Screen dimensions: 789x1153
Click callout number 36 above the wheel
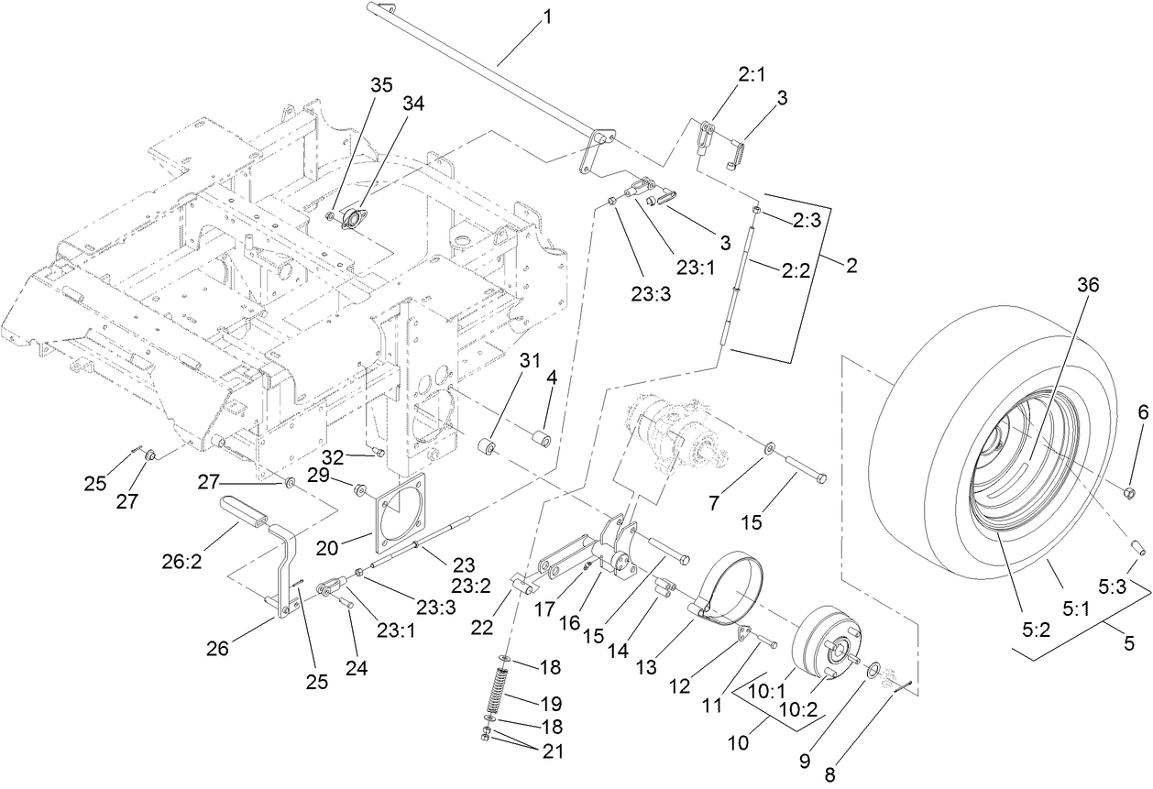(x=1087, y=285)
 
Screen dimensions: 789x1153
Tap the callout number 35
(x=380, y=85)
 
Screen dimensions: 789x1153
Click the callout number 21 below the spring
(x=551, y=751)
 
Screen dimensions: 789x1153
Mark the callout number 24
(x=356, y=668)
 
